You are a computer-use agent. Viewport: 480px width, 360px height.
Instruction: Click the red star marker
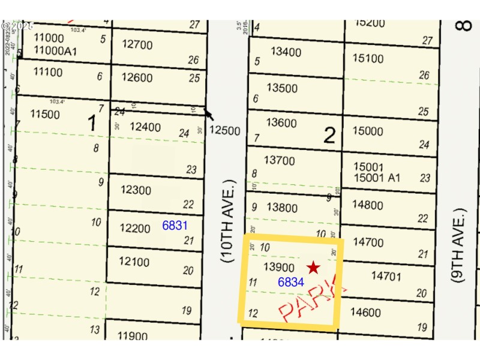click(x=313, y=268)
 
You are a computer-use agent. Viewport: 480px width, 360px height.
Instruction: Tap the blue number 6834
click(x=290, y=282)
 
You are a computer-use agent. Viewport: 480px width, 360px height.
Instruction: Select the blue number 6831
click(x=175, y=226)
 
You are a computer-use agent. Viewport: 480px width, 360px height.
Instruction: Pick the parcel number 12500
click(x=225, y=131)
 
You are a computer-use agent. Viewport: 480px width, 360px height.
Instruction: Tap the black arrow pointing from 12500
click(x=208, y=113)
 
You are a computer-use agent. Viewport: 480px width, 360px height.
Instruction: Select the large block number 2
click(x=329, y=136)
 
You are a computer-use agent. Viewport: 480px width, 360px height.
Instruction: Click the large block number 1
click(x=92, y=124)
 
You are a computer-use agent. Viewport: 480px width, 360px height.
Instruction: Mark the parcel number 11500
click(x=46, y=114)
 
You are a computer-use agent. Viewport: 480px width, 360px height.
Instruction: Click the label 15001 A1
click(x=377, y=178)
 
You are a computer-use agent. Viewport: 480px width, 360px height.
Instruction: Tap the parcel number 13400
click(x=286, y=52)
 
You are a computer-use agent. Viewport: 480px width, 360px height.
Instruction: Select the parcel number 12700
click(x=137, y=44)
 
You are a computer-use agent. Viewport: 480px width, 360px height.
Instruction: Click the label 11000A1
click(x=56, y=52)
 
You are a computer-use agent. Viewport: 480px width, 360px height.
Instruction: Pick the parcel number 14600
click(x=365, y=312)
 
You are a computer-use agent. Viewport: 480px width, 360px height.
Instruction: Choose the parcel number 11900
click(x=133, y=336)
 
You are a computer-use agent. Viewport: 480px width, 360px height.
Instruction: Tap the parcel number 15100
click(x=368, y=58)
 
